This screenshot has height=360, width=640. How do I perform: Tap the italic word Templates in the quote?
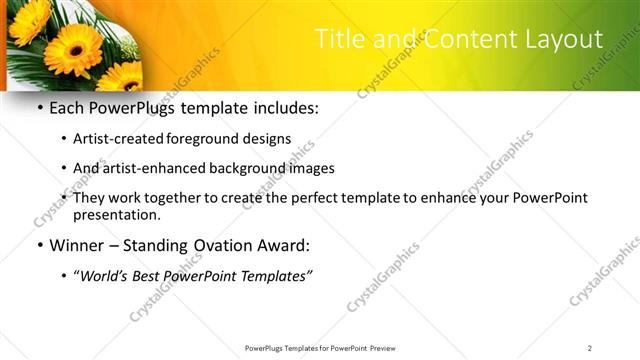pos(277,276)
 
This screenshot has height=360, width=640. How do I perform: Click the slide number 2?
pos(590,348)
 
